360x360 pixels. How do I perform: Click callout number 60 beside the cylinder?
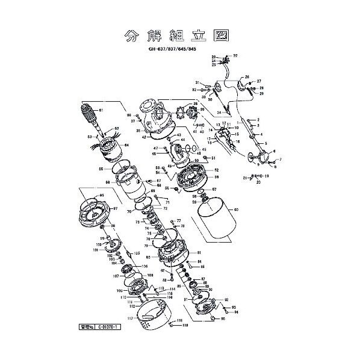tap(237, 209)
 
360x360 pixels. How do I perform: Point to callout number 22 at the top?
tap(235, 55)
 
